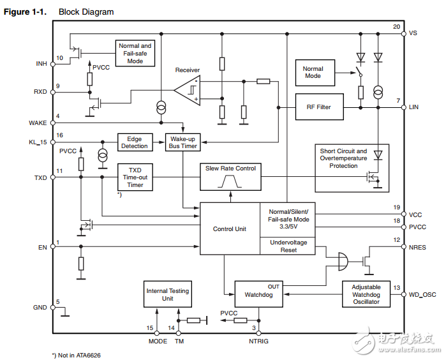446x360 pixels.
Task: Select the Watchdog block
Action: point(258,294)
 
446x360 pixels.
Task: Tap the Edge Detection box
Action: point(133,142)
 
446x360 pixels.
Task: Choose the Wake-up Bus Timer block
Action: point(182,142)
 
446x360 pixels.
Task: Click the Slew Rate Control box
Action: point(230,176)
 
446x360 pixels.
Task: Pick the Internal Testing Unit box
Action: point(168,295)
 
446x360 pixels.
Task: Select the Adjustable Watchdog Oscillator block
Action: point(366,294)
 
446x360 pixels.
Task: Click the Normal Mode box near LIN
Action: point(313,72)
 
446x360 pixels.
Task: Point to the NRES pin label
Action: point(418,246)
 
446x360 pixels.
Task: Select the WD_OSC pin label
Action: point(422,294)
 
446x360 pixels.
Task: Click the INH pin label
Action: point(41,63)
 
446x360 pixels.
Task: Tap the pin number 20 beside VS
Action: point(396,27)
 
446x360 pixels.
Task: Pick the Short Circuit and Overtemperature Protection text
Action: point(352,158)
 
